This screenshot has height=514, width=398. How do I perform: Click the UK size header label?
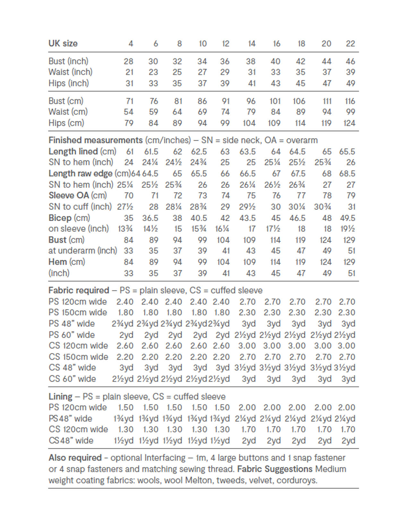point(63,43)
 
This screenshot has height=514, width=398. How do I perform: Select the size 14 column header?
point(252,43)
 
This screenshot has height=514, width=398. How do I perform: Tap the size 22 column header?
point(350,43)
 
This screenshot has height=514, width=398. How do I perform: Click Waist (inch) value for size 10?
point(202,72)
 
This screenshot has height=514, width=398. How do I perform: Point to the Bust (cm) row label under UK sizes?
point(66,101)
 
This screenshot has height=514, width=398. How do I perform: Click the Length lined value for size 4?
point(130,152)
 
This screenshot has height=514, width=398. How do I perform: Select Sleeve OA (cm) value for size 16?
point(275,196)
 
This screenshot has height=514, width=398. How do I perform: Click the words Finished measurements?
point(95,140)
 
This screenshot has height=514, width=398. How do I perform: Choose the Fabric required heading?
point(79,290)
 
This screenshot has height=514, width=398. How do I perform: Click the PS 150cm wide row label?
point(78,313)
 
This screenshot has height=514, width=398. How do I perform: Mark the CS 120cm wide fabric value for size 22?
point(347,346)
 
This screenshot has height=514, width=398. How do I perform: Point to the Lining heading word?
point(60,397)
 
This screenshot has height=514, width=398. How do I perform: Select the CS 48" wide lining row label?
point(71,440)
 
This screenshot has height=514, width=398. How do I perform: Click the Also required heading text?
point(75,458)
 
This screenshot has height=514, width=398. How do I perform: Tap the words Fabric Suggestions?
point(275,469)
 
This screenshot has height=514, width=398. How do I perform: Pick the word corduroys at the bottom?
point(297,481)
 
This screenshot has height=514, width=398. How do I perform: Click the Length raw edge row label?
point(80,174)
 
